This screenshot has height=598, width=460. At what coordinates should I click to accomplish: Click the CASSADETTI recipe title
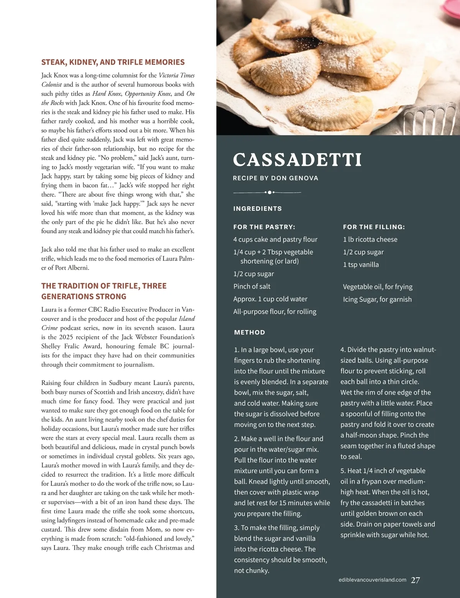(x=297, y=160)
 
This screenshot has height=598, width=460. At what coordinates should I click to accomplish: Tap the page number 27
(x=415, y=580)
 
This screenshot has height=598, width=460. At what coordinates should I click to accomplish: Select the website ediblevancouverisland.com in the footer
(x=370, y=580)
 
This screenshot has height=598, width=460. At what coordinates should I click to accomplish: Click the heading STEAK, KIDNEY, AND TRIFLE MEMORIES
(x=113, y=62)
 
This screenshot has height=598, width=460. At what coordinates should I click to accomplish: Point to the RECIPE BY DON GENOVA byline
(x=275, y=178)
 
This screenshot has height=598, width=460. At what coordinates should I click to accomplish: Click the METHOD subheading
(x=250, y=332)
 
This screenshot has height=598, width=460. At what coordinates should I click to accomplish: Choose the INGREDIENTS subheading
(x=257, y=209)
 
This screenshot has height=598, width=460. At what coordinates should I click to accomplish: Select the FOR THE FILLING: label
(x=374, y=227)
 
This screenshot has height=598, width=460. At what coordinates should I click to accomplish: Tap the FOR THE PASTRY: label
(x=264, y=227)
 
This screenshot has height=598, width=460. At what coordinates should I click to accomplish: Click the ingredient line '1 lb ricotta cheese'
(x=370, y=240)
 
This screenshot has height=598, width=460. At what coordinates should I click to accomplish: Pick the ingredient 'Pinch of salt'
(x=252, y=286)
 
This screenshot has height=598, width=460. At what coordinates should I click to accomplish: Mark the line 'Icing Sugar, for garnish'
(x=377, y=299)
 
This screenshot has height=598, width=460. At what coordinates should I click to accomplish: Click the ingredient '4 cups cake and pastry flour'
(x=275, y=240)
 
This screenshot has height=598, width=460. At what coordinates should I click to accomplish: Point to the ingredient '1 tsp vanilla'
(x=361, y=265)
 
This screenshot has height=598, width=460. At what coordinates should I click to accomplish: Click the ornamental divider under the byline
(x=267, y=192)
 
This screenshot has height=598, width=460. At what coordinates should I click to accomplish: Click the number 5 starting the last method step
(x=342, y=471)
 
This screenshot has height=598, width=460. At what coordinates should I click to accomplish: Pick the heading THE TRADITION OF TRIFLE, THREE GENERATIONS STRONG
(x=103, y=291)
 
